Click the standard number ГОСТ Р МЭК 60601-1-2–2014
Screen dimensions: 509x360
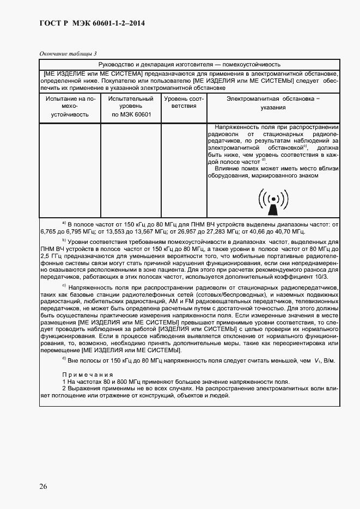tap(93, 23)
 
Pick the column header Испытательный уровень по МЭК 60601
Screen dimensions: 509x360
tap(131, 107)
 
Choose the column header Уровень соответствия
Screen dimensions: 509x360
tap(184, 103)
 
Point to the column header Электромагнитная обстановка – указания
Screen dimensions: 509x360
tap(273, 103)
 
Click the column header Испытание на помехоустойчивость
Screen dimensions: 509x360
tap(70, 107)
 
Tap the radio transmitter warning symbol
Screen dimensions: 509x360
tap(273, 199)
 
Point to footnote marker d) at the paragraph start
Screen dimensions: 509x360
tap(64, 360)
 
